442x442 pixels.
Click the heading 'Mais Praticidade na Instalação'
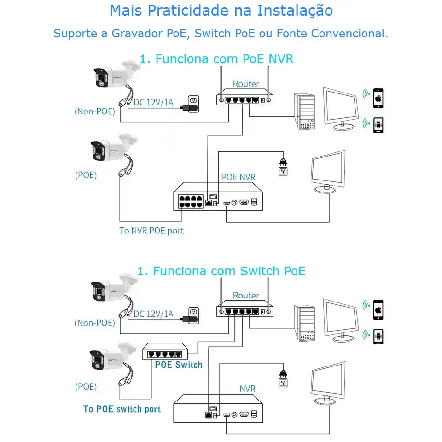(221, 11)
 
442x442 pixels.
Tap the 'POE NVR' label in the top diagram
(238, 177)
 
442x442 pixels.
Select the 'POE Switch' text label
(179, 365)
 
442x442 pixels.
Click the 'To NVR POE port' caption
(151, 231)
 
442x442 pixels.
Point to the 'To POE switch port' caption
(122, 409)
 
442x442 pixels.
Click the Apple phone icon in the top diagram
(378, 99)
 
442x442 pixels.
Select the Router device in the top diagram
(244, 99)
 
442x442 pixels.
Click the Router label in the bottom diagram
(246, 295)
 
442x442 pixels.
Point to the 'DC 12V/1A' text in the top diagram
(153, 102)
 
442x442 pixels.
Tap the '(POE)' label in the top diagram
(86, 175)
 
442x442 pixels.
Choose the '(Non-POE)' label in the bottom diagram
(95, 323)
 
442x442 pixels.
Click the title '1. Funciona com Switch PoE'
(221, 271)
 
